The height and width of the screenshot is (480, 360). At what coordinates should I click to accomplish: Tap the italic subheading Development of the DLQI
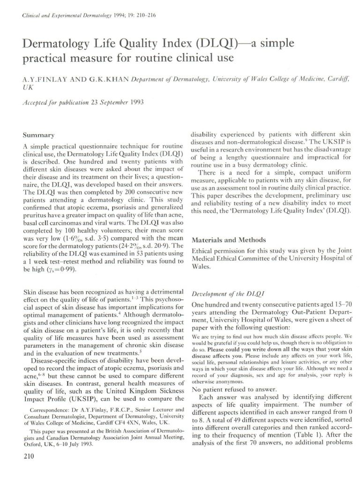226,293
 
